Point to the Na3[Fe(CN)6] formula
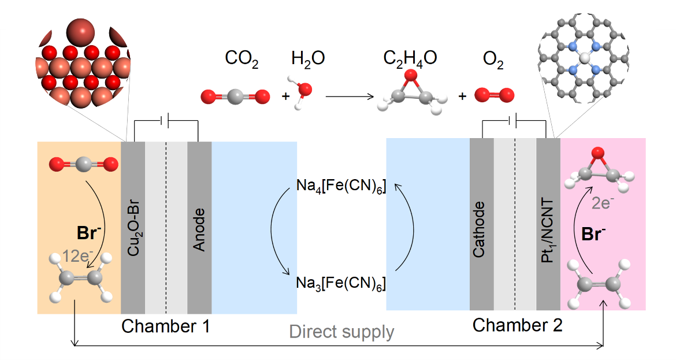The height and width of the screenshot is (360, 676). (x=341, y=283)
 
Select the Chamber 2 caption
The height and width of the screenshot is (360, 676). (x=517, y=325)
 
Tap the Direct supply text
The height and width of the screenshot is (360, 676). (x=341, y=332)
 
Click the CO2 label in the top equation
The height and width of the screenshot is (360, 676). (x=241, y=59)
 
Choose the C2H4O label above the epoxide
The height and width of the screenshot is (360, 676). (x=410, y=58)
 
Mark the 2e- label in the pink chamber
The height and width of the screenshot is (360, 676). (x=604, y=203)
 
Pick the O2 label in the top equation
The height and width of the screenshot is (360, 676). (x=493, y=60)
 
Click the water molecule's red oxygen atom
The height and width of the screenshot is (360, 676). (x=304, y=90)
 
